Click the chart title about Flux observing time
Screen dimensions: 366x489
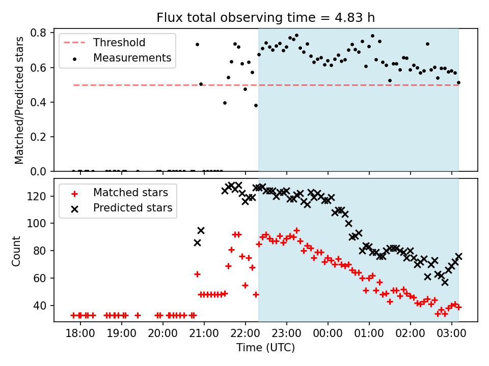(265, 18)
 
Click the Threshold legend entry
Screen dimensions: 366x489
(119, 43)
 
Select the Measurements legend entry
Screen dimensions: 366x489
(131, 58)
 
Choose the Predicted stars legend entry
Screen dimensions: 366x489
(132, 208)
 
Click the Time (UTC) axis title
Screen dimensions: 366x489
(265, 348)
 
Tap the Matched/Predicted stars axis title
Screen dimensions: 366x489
(19, 100)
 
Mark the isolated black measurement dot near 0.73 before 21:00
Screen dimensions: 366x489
(197, 44)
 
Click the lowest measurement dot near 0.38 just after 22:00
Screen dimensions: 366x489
(256, 105)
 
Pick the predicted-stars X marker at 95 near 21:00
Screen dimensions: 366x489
(201, 230)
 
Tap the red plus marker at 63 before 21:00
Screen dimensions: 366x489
(197, 274)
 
